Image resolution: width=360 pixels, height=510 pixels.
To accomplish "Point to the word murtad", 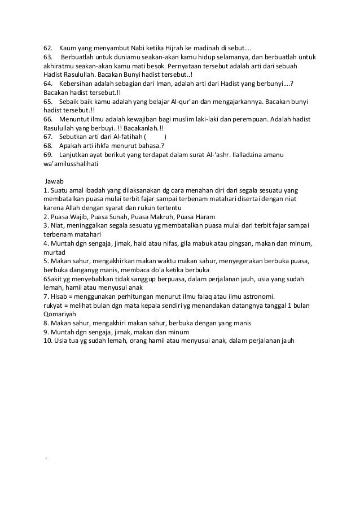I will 54,252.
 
